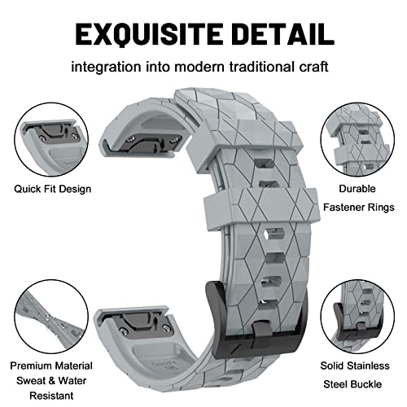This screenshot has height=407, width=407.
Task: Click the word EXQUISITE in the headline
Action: pos(149,34)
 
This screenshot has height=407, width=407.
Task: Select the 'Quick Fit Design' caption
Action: pos(53,189)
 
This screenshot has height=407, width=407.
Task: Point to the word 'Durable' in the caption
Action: pos(357,189)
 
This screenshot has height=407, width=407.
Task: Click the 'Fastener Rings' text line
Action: pos(359,208)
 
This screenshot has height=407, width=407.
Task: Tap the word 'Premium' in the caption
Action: pos(31,365)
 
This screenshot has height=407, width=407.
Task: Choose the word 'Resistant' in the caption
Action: pos(51,396)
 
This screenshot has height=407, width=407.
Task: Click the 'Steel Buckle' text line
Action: pos(352,384)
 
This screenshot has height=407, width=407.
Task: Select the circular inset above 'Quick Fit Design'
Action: pos(51,140)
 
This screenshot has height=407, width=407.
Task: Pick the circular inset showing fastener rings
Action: pos(357,140)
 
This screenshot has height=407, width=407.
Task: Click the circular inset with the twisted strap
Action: pos(51,317)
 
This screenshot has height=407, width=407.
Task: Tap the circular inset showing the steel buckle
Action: pos(357,317)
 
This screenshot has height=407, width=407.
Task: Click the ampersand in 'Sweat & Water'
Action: pos(51,381)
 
